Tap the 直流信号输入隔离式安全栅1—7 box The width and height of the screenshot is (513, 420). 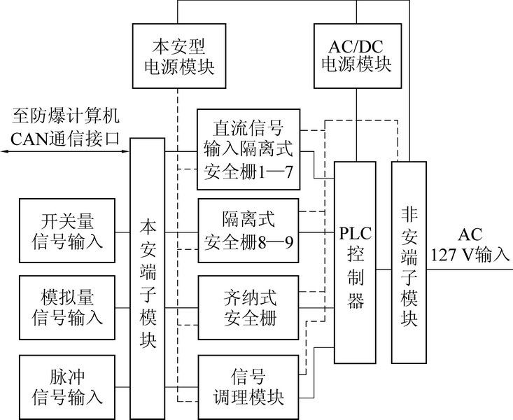248,149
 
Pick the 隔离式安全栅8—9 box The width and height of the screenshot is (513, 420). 248,231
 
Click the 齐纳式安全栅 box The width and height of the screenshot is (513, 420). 248,308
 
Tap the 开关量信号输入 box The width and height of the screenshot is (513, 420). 68,231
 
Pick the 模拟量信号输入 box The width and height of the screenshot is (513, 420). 68,308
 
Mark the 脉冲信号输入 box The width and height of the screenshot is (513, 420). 68,387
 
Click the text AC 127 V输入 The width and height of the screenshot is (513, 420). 470,244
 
